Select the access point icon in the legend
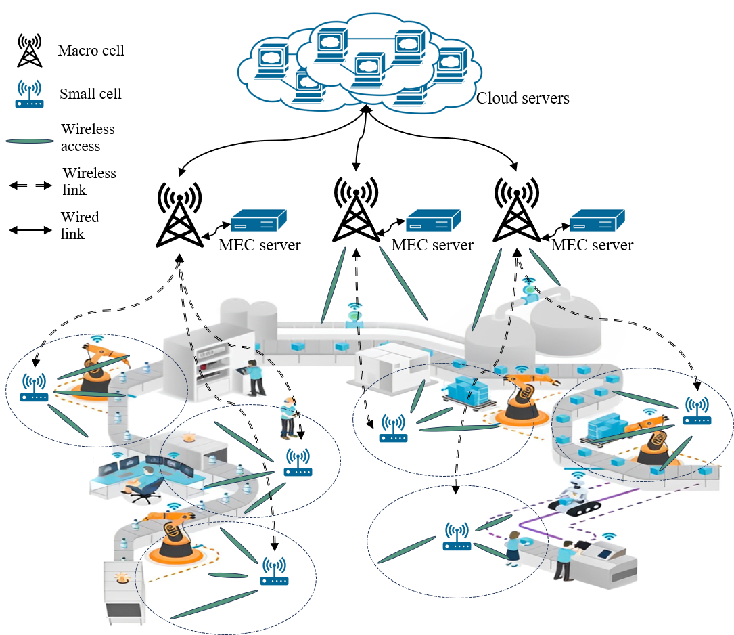(30, 95)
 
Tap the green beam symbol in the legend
(30, 141)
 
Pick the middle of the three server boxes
(433, 221)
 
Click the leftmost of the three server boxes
(258, 221)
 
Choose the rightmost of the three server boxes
(597, 221)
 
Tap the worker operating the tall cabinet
(254, 378)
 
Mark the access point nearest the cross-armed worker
(298, 464)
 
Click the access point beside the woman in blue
(457, 536)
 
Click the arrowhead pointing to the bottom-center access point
(456, 489)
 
